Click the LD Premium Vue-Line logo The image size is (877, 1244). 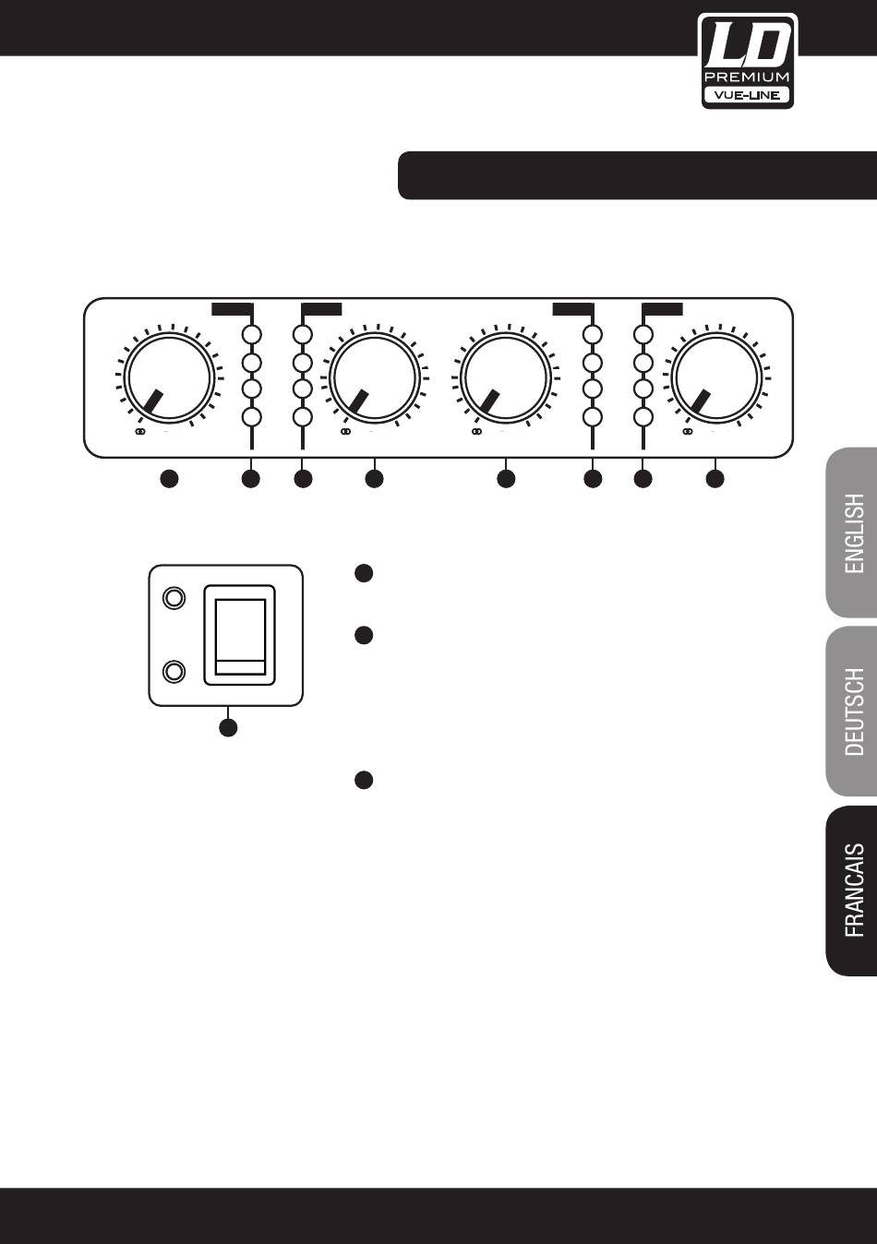click(x=747, y=60)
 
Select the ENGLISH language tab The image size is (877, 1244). click(x=851, y=533)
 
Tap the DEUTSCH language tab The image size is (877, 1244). click(x=851, y=712)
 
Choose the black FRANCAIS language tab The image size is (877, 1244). click(x=851, y=891)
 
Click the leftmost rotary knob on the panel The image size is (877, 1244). click(x=169, y=377)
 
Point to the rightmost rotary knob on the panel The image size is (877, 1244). click(x=715, y=377)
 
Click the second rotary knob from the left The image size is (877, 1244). click(x=374, y=377)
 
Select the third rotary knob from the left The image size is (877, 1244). click(x=506, y=377)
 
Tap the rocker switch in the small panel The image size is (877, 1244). click(x=240, y=636)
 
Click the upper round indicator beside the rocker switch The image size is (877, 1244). click(x=173, y=600)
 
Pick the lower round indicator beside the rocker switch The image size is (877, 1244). click(x=173, y=671)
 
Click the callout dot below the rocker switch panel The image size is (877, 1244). click(x=228, y=727)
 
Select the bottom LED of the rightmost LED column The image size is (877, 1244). click(x=644, y=417)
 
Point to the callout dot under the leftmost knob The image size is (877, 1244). click(x=169, y=479)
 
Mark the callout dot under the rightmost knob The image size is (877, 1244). click(x=715, y=479)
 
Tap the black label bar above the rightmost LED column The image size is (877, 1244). click(x=662, y=308)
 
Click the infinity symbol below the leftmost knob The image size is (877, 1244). click(x=140, y=431)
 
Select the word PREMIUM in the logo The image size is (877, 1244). click(x=747, y=77)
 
